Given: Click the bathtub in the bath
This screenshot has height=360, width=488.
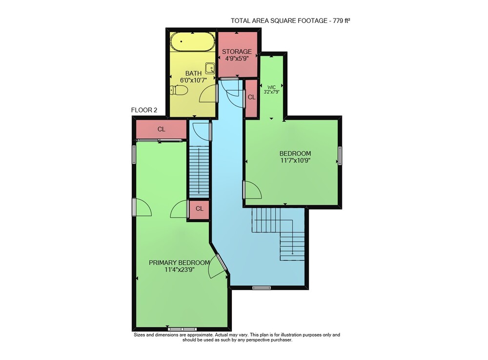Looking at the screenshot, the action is [x=193, y=42].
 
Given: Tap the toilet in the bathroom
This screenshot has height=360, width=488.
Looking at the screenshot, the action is [x=179, y=90].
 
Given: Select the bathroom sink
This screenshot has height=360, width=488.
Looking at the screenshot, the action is [x=210, y=68].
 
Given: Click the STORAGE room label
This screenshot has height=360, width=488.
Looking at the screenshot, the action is [x=237, y=51].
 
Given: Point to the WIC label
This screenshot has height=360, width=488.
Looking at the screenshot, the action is [x=272, y=87].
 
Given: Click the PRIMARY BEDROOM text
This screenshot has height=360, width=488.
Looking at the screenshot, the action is [x=179, y=262].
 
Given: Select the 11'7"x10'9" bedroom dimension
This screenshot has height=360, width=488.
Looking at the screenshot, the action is [x=295, y=160].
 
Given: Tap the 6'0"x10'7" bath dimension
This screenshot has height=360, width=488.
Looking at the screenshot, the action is [x=194, y=80].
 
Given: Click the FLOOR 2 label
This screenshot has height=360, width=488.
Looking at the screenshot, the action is [x=144, y=110].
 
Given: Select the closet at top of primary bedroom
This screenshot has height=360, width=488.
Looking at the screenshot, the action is [x=161, y=129].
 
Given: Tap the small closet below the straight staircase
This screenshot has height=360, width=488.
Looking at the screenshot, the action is [x=199, y=209].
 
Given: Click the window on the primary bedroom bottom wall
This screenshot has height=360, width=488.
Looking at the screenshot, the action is [x=183, y=329].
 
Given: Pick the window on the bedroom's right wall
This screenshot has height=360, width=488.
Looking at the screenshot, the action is [x=340, y=155].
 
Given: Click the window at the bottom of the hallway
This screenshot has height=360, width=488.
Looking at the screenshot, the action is [x=262, y=288].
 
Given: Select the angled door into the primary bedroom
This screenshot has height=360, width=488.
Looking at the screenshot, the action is [x=222, y=262].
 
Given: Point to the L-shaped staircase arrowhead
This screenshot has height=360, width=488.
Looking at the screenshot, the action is [x=293, y=254].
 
